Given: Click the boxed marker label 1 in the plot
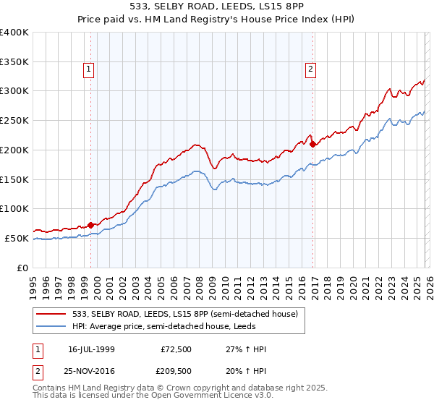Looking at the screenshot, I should tap(88, 69).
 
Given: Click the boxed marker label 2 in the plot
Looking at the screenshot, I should tap(310, 69).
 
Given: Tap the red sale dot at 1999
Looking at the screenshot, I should tap(90, 224).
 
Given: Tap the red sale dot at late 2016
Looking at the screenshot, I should tap(312, 144).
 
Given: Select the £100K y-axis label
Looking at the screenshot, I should tap(14, 208).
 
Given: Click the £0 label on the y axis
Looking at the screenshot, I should tap(23, 268).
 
